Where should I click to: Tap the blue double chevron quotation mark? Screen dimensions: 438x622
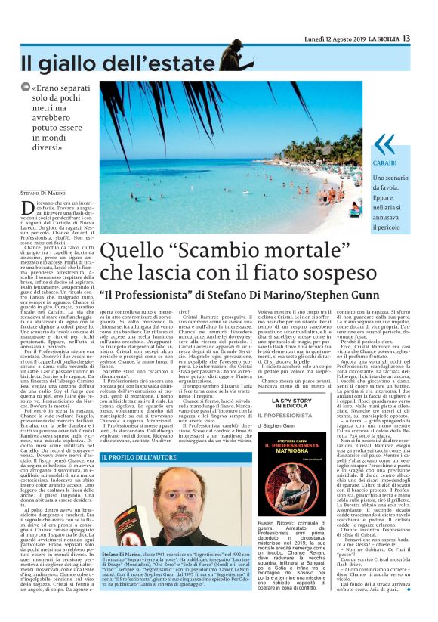[384, 144]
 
